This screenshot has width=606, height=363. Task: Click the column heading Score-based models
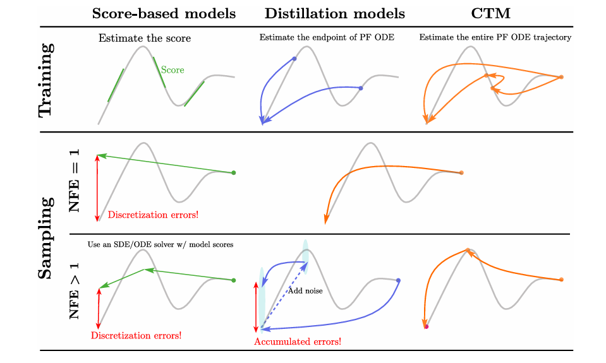point(164,14)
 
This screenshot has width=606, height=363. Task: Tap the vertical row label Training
point(45,80)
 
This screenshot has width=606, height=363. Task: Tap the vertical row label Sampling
point(45,238)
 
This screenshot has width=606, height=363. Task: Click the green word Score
point(173,70)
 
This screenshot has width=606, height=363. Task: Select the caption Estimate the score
point(145,39)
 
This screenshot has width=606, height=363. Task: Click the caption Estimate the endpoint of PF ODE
point(327,38)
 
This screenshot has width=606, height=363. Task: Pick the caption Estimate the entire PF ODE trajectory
point(495,38)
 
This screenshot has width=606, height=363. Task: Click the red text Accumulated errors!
point(298,342)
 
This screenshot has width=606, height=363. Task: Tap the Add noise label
point(305,291)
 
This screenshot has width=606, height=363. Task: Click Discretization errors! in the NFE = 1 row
point(153,215)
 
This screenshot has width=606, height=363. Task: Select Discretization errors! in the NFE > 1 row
point(136,335)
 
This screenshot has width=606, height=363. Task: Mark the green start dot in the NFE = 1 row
point(234,172)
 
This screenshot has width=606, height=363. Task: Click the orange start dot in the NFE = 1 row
point(461,172)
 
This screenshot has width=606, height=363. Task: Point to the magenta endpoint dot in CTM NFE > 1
point(427,326)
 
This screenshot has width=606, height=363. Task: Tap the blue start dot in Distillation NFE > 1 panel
point(398,280)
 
